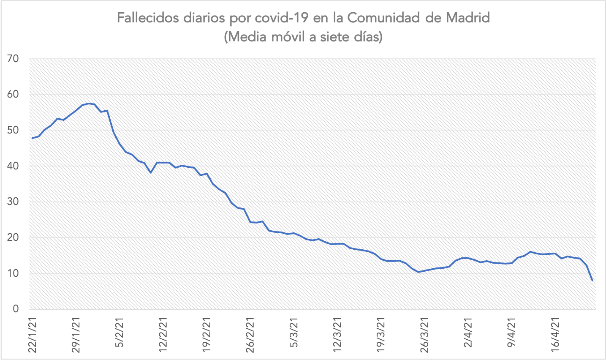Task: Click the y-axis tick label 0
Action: tap(16, 309)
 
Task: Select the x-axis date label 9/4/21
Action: tap(512, 334)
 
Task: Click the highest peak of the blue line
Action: tap(88, 103)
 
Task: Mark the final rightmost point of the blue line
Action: tap(592, 281)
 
